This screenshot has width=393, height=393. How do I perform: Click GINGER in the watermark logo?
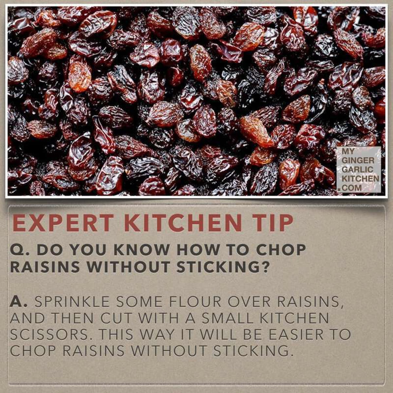tap(358, 160)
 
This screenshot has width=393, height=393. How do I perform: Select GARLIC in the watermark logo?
tap(357, 169)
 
